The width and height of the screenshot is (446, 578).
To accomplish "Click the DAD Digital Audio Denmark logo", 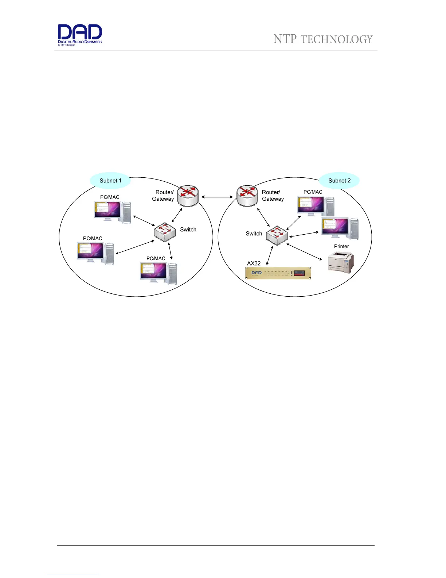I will (x=80, y=34).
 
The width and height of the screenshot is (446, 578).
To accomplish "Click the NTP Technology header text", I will (x=323, y=39).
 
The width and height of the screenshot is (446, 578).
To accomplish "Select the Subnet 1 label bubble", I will (x=110, y=181).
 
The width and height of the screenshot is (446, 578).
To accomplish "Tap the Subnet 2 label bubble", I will (x=339, y=181).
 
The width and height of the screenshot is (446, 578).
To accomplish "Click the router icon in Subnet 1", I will (x=188, y=196).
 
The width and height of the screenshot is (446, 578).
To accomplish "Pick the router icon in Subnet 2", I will (x=247, y=196).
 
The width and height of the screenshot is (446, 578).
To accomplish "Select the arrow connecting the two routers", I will (x=217, y=197).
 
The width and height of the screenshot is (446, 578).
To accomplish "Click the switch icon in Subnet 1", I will (x=165, y=232).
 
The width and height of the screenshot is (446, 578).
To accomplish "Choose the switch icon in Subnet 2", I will (x=277, y=235).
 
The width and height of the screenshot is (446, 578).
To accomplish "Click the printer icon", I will (x=341, y=262).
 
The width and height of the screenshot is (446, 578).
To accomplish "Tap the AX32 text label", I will (x=254, y=263).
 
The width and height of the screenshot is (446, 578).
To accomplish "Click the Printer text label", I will (x=341, y=246).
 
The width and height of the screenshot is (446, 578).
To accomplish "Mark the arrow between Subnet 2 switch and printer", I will (x=305, y=252).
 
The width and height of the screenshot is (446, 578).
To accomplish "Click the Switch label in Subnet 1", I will (x=188, y=230).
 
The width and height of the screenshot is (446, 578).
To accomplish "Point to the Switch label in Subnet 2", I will (x=254, y=234).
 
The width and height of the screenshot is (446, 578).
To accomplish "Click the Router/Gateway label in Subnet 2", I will (x=273, y=196).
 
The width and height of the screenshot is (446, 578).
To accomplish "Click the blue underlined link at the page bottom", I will (x=72, y=575).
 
